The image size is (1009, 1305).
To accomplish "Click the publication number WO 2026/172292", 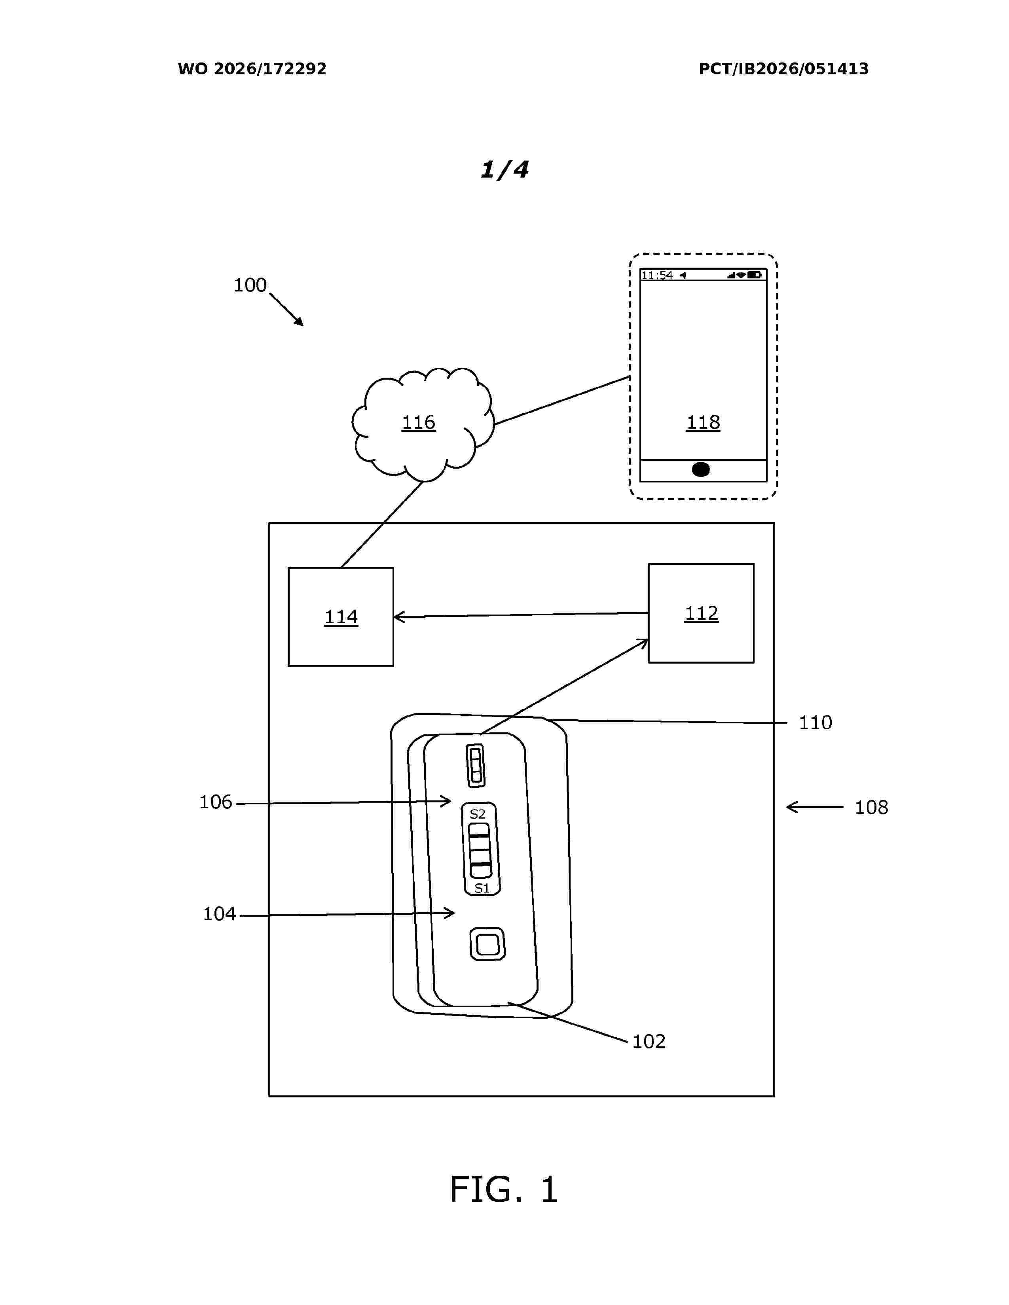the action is [252, 69].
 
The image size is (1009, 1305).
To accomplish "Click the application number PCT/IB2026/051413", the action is [783, 69].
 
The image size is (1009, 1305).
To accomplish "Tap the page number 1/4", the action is [504, 170].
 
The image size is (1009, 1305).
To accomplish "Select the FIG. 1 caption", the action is [504, 1189].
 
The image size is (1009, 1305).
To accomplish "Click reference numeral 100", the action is [250, 285].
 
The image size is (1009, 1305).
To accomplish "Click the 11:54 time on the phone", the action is [657, 276].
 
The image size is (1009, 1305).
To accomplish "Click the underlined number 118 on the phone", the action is [703, 422].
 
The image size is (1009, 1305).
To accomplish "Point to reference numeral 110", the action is [816, 722].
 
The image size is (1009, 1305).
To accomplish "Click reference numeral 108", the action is [871, 807].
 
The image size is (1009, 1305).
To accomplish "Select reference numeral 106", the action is [215, 802].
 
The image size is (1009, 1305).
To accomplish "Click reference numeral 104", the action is [219, 913].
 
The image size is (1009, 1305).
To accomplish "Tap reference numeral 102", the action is [649, 1042].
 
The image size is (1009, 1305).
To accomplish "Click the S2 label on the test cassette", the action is [478, 814].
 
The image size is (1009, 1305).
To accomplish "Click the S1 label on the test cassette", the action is [482, 889].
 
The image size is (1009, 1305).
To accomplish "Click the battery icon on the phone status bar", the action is [754, 275].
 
